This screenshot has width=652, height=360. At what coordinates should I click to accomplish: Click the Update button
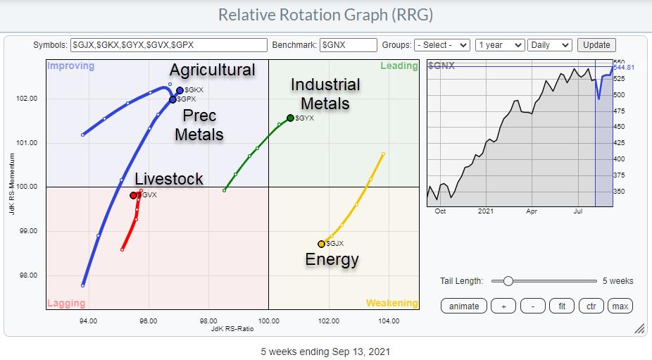click(x=596, y=44)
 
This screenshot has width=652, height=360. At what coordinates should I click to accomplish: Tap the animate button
click(x=464, y=306)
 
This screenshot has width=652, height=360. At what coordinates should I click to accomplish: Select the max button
click(x=620, y=306)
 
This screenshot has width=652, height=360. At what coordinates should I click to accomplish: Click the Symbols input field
click(x=168, y=44)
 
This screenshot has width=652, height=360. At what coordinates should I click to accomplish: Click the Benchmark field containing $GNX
click(x=348, y=44)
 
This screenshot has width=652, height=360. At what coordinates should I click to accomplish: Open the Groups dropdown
click(x=441, y=44)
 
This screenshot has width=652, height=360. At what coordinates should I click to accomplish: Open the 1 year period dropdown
click(x=499, y=44)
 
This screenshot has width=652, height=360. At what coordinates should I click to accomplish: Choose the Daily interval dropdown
click(x=549, y=44)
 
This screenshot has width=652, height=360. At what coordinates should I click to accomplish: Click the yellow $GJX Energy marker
click(x=321, y=244)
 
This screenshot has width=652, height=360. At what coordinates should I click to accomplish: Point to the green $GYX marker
click(x=290, y=118)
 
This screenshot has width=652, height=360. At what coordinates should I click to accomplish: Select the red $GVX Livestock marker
click(x=134, y=195)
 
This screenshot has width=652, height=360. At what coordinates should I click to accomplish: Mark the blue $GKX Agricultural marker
click(x=180, y=90)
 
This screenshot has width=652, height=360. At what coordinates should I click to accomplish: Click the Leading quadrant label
click(x=399, y=66)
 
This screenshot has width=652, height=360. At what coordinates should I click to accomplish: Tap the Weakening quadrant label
click(x=391, y=303)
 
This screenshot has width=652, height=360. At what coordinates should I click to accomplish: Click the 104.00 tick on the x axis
click(x=389, y=321)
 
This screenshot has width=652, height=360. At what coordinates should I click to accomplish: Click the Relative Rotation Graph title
click(x=325, y=14)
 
